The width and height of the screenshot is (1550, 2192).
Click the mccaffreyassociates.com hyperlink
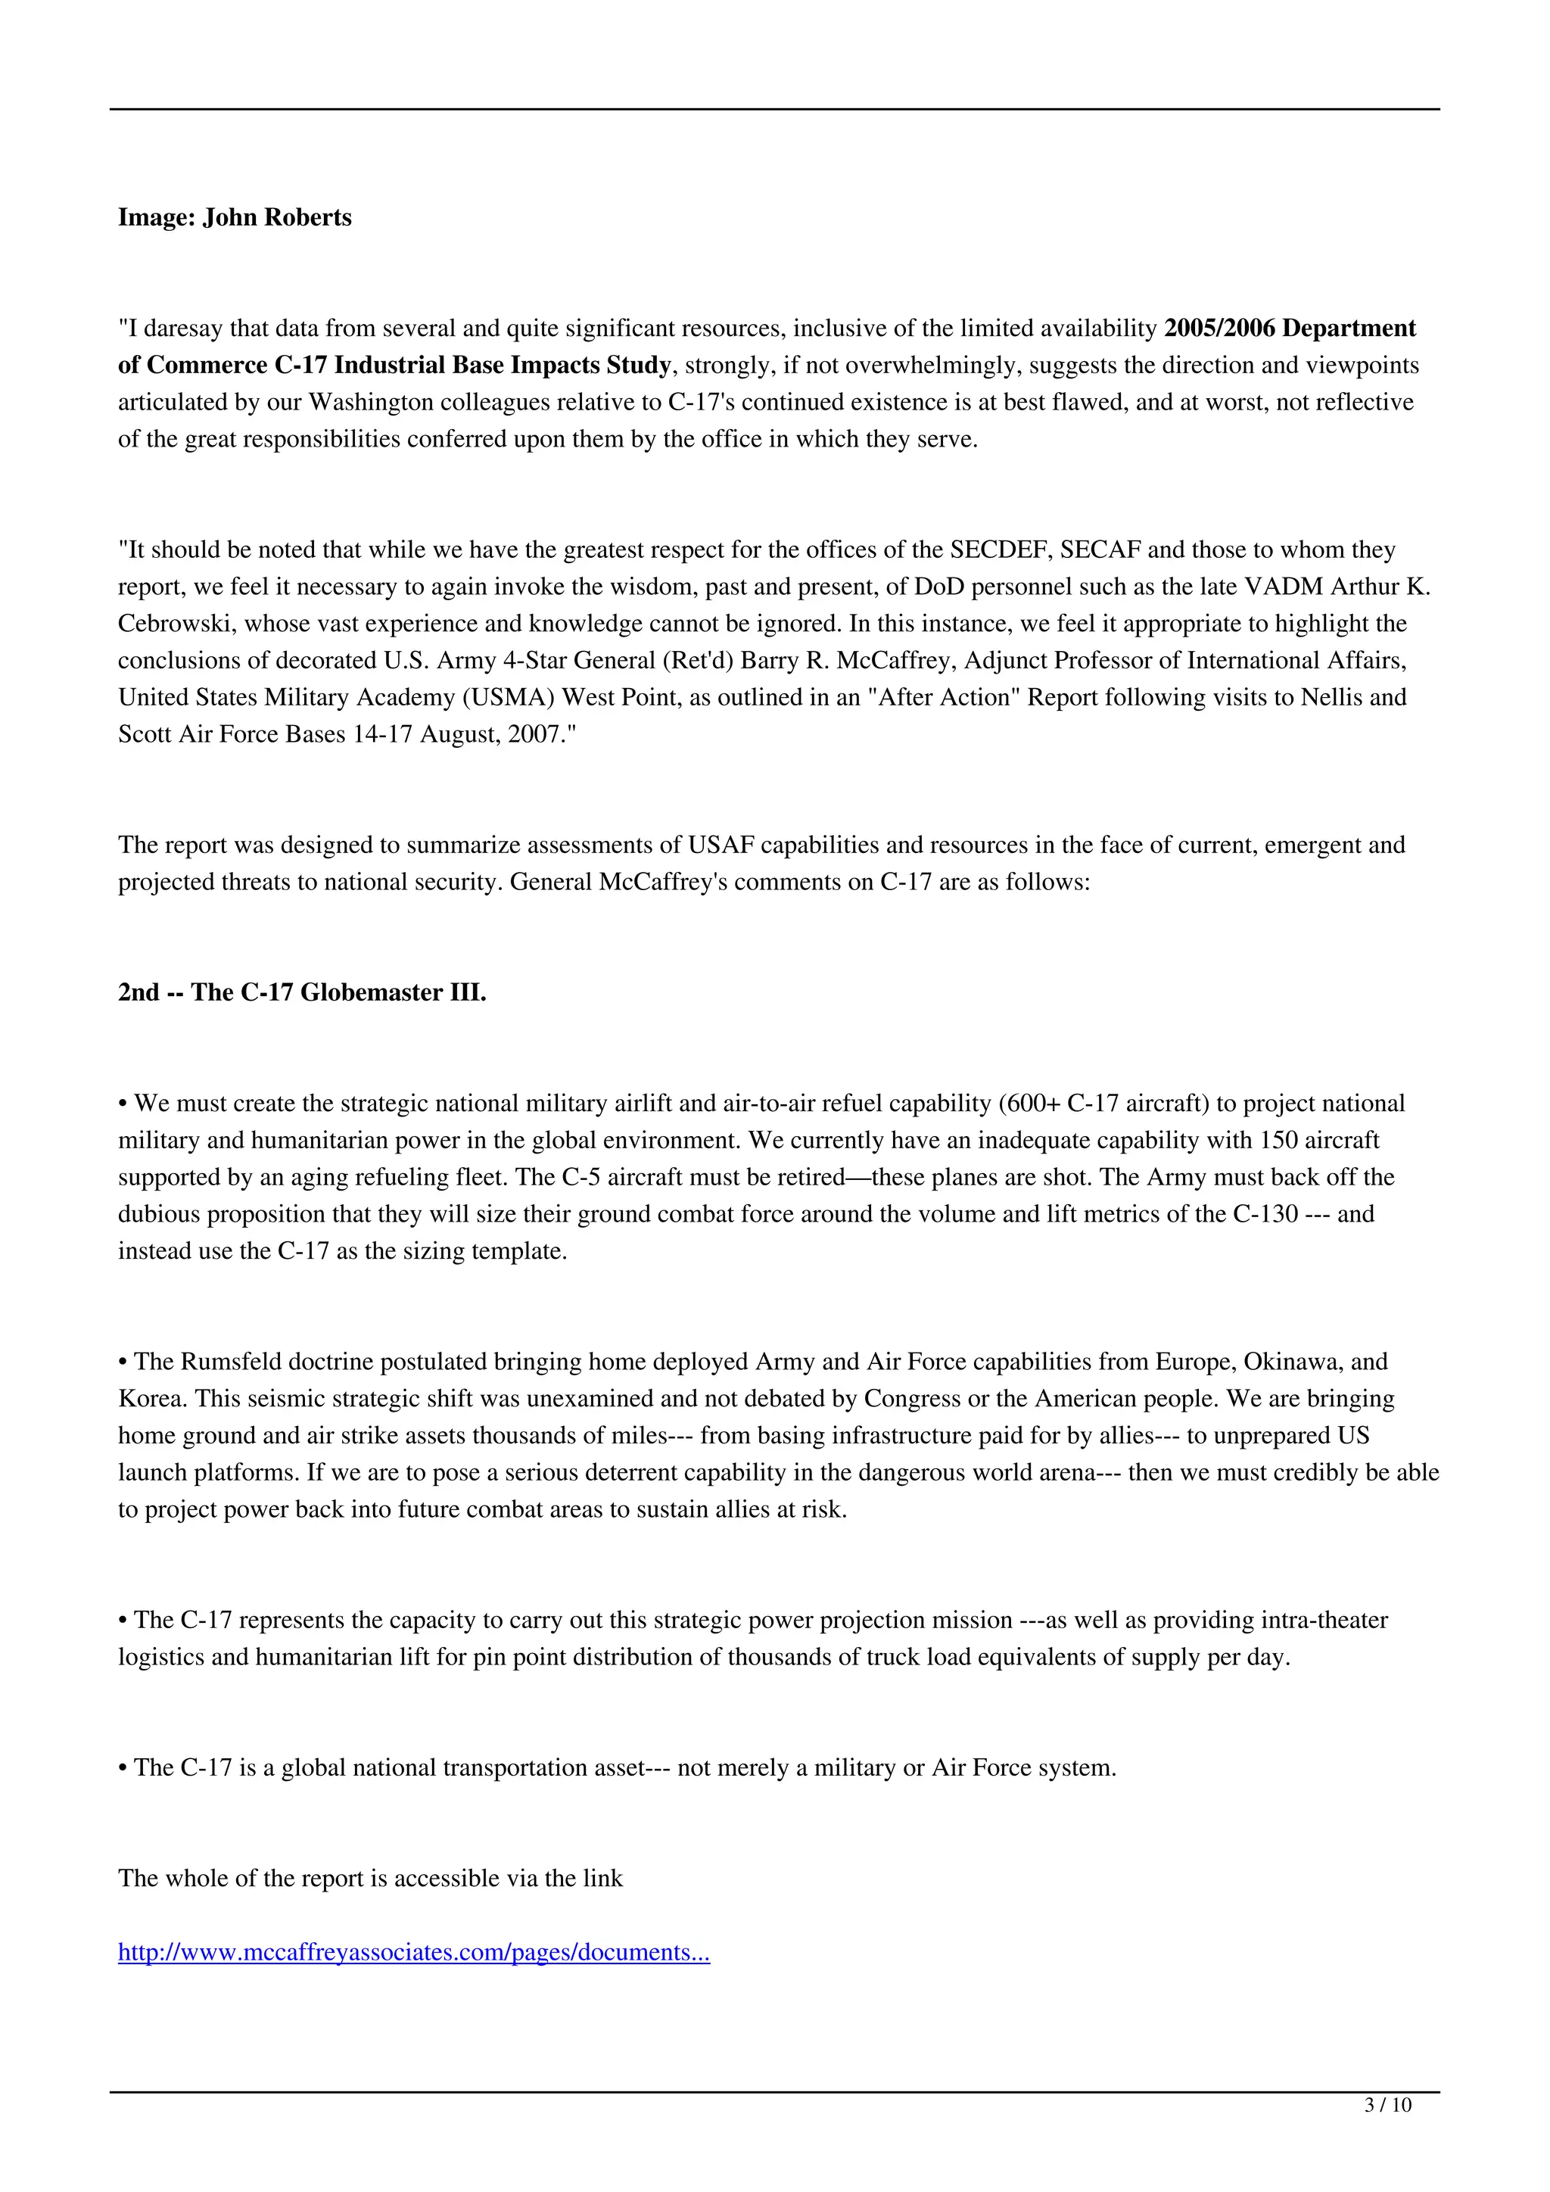pyautogui.click(x=413, y=1952)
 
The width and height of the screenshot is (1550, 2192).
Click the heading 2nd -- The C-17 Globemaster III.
pyautogui.click(x=302, y=993)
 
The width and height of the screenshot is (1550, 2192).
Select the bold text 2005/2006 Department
pyautogui.click(x=1288, y=328)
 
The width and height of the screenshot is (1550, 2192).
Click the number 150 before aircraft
pyautogui.click(x=1279, y=1141)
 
